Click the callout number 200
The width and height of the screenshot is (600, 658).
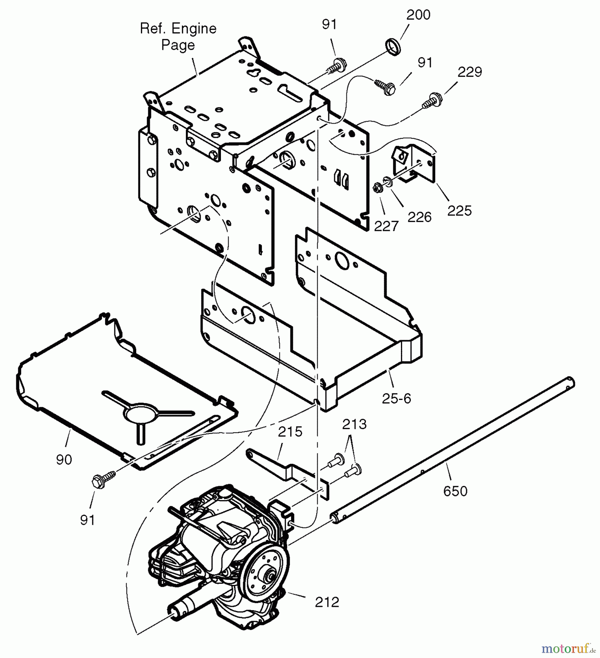[418, 15]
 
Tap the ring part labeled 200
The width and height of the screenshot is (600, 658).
[393, 48]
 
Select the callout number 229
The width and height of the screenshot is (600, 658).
[470, 72]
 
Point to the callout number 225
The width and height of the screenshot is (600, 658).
[459, 211]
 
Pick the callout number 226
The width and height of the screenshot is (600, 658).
[419, 218]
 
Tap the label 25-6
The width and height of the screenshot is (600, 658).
[397, 398]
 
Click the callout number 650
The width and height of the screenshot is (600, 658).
[455, 491]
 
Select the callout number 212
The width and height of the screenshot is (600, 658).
[327, 602]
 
